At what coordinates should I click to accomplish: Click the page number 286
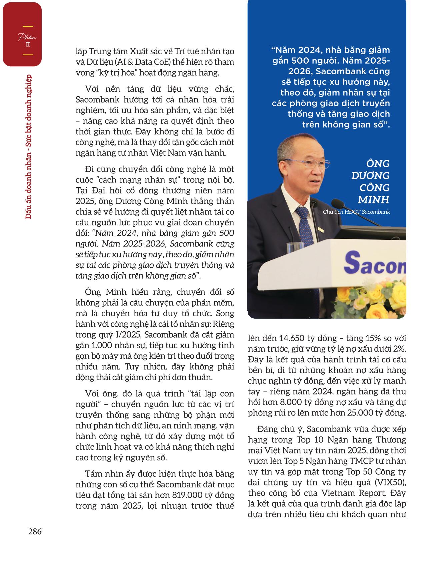click(x=35, y=531)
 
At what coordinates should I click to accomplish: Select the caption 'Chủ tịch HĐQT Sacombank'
click(x=356, y=212)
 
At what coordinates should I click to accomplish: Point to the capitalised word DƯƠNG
click(x=370, y=175)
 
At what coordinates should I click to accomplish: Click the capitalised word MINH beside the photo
click(x=373, y=200)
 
